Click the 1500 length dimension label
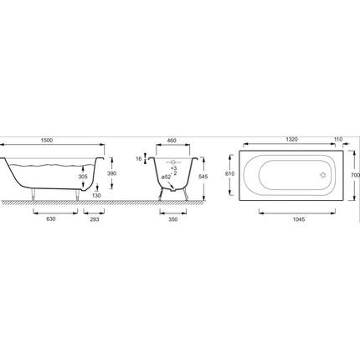[x=47, y=141]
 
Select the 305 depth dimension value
[x=83, y=177]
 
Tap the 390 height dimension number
[x=111, y=173]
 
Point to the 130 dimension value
[x=96, y=196]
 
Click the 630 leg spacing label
[x=51, y=219]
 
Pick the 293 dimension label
[x=95, y=219]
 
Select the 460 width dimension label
[x=172, y=141]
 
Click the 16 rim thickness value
[x=139, y=159]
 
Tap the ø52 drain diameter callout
[x=167, y=177]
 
